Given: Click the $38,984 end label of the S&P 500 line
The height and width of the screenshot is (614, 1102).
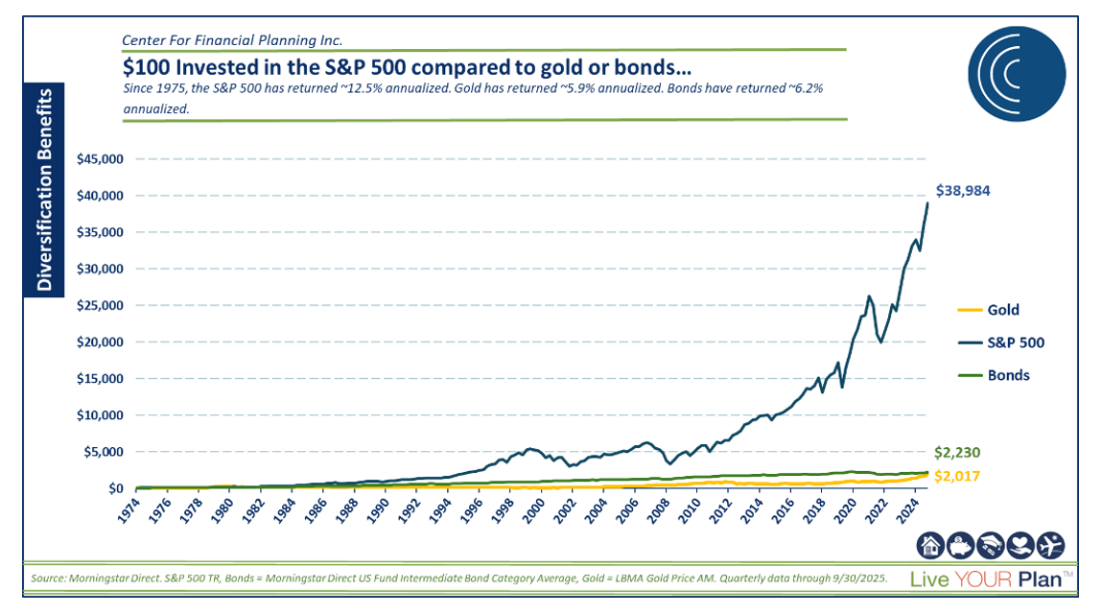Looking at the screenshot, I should pyautogui.click(x=962, y=191).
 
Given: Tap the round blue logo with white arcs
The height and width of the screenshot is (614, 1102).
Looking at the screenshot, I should pyautogui.click(x=1015, y=76).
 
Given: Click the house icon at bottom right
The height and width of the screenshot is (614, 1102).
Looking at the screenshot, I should pyautogui.click(x=930, y=546).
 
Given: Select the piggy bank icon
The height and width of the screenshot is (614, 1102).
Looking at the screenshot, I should pyautogui.click(x=960, y=546).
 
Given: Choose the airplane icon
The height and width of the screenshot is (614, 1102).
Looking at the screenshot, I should pyautogui.click(x=1053, y=546).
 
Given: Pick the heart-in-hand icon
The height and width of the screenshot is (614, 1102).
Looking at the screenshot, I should pyautogui.click(x=1022, y=546).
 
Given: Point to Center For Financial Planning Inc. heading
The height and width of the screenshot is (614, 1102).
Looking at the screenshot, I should pyautogui.click(x=232, y=40).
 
